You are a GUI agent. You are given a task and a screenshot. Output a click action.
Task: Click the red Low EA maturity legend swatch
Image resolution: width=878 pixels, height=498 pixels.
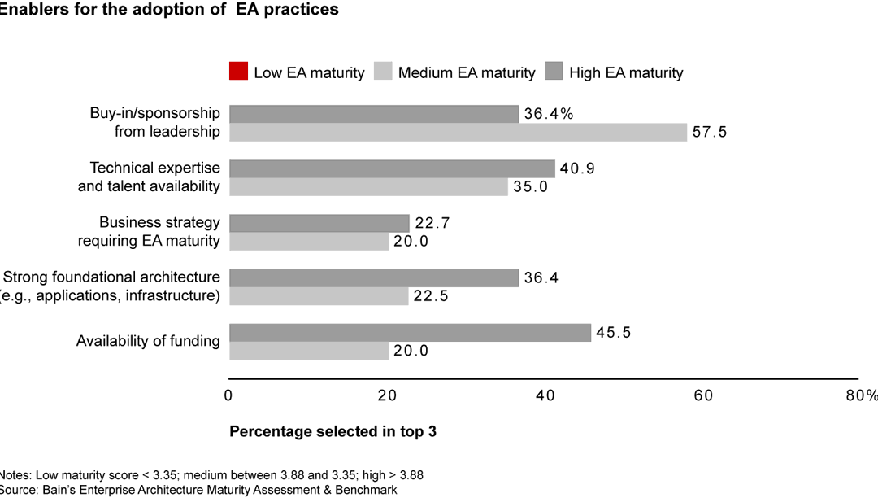[238, 72]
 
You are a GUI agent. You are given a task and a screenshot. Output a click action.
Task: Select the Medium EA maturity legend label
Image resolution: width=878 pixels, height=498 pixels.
[466, 72]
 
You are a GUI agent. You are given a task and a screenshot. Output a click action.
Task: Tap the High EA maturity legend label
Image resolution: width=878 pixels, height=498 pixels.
[625, 72]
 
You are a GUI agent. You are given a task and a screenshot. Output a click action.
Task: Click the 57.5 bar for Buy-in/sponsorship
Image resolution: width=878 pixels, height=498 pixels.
[458, 132]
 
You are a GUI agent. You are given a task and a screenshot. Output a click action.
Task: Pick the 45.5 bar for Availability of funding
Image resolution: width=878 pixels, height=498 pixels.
[410, 333]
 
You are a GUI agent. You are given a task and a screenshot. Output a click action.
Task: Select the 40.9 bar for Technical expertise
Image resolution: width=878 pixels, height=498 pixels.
[392, 168]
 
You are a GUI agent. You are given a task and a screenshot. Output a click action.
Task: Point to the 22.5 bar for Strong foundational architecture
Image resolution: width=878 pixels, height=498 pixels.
[319, 296]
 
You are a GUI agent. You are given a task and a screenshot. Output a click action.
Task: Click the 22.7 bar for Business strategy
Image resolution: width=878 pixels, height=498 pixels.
[319, 223]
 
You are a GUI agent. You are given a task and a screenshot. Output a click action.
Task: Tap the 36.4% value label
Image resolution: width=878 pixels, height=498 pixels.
[549, 114]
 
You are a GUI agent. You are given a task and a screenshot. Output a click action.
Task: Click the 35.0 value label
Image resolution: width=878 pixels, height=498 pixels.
[532, 187]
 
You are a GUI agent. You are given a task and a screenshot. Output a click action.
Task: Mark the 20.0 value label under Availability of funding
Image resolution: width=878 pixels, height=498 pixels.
[413, 352]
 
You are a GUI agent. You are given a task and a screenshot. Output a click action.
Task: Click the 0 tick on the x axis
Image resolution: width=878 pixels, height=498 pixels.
[228, 395]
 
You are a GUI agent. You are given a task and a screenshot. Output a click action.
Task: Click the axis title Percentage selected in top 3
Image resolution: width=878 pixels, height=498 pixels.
[333, 431]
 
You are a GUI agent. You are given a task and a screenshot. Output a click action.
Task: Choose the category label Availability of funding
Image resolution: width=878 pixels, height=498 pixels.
[148, 342]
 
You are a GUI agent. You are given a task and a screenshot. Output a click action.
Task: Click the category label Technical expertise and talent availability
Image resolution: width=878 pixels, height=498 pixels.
[154, 177]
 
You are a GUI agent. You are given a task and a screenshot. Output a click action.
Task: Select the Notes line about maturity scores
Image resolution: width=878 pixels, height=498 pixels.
[211, 474]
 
